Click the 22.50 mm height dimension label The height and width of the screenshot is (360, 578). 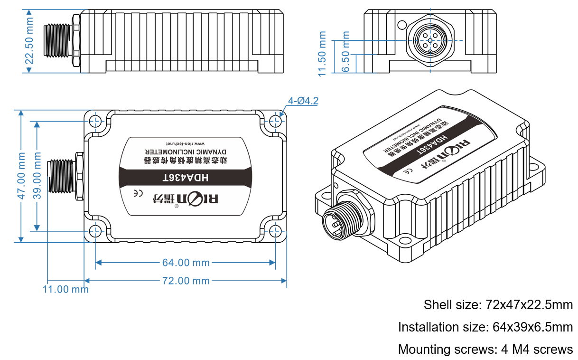pos(29,42)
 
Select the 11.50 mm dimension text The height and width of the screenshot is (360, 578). pos(323,53)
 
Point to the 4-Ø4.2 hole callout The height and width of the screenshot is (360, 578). pos(303,101)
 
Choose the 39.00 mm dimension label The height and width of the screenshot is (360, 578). pos(38,176)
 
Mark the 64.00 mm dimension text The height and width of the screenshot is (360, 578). pos(186,262)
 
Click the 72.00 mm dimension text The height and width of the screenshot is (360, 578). pos(186,281)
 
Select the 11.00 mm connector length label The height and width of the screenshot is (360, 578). pos(65,289)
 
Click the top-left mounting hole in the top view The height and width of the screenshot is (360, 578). pos(95,120)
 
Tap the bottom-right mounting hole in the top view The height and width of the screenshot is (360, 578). pos(276,231)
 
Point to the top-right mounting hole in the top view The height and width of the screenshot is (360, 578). pos(276,120)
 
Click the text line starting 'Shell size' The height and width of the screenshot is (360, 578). pos(498,304)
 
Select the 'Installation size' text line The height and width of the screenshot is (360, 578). pos(485,327)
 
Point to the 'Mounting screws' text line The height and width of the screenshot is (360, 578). pos(485,350)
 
